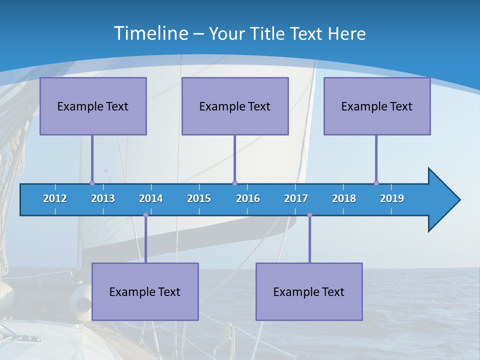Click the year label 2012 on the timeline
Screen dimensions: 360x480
point(55,198)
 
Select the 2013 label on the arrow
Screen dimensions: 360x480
point(103,198)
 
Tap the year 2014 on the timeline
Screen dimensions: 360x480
point(151,198)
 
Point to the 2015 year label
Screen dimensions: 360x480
point(199,198)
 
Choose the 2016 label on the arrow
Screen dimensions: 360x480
point(248,198)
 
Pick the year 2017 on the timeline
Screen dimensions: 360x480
point(296,198)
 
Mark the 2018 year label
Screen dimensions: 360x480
point(344,198)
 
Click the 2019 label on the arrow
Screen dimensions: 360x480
point(392,198)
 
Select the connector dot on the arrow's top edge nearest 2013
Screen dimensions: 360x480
point(92,183)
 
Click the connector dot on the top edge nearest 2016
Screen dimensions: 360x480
point(234,183)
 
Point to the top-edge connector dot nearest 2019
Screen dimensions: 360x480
point(376,183)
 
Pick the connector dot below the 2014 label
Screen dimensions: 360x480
point(145,215)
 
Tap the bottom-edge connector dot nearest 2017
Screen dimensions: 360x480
point(309,215)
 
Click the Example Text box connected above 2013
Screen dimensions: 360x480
point(93,106)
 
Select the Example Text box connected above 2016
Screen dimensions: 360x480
point(235,106)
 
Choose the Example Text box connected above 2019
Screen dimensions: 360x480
point(377,106)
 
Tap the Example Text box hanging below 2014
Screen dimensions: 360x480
point(145,291)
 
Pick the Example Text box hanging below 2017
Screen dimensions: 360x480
point(309,291)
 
